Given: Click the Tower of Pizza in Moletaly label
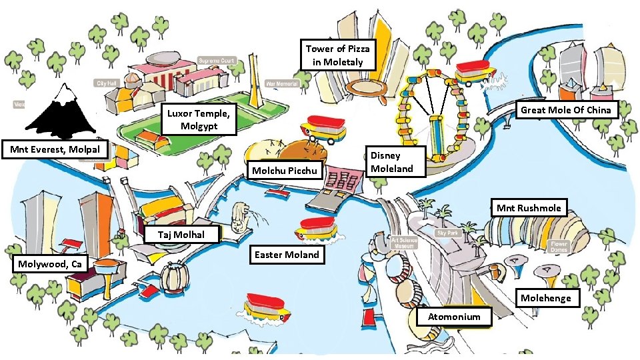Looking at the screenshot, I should (x=337, y=55).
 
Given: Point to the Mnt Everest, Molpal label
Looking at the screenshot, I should (x=55, y=149).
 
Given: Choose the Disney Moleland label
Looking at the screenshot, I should (x=397, y=162).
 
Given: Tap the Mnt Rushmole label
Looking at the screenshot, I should (x=528, y=208).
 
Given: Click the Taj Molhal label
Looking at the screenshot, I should (x=183, y=235).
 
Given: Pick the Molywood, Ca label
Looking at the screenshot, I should (x=50, y=264).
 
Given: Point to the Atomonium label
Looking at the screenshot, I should (x=454, y=317).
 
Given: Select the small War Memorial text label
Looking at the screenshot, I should (x=282, y=84).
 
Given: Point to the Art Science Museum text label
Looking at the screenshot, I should (x=403, y=242).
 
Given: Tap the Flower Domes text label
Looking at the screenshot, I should (x=559, y=247).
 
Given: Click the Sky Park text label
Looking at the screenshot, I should (x=448, y=233).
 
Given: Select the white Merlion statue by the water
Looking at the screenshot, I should (x=239, y=217).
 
